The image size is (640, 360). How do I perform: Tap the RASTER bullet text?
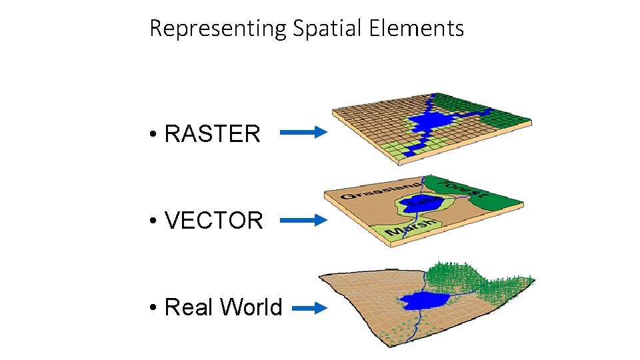[x=212, y=133]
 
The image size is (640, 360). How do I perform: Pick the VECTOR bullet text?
[x=213, y=220]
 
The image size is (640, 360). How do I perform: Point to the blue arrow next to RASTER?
[x=303, y=133]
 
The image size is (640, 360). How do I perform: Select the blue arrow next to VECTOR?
[x=303, y=219]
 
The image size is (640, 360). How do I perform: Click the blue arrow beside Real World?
[x=309, y=308]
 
